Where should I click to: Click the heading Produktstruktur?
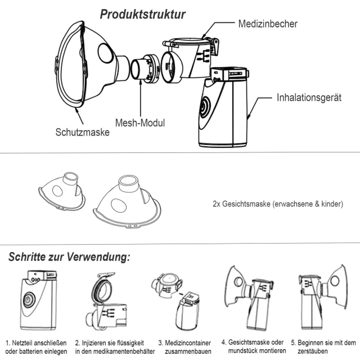tap(143, 14)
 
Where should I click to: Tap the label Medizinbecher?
tap(268, 24)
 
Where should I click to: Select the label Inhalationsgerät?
tap(309, 97)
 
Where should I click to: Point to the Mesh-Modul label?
tap(140, 123)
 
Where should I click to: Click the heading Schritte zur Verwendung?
tap(69, 258)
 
